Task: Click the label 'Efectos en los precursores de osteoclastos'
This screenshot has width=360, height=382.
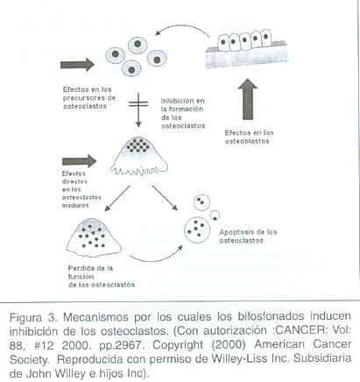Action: [x=89, y=98]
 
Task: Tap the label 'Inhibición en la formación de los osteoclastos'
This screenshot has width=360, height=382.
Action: [x=183, y=113]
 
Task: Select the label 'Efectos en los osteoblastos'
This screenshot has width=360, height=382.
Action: [x=249, y=137]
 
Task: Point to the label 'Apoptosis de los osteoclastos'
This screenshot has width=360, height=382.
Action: [x=248, y=237]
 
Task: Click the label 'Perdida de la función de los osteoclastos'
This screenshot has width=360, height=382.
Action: [x=102, y=277]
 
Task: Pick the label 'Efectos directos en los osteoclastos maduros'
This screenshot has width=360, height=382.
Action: [x=81, y=189]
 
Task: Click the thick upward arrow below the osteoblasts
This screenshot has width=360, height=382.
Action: [x=248, y=99]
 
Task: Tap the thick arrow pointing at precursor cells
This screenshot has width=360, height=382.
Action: [x=77, y=65]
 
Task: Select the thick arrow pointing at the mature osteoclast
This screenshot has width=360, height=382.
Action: [x=79, y=161]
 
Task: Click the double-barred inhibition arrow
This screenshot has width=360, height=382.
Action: [x=138, y=110]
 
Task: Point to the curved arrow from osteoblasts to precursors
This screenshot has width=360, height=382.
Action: [x=181, y=26]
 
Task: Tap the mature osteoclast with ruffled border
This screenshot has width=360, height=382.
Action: [x=139, y=156]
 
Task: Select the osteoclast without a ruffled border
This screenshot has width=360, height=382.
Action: [x=94, y=237]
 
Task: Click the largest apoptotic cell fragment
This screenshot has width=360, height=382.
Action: [x=197, y=230]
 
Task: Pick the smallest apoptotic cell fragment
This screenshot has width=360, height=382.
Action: [x=215, y=216]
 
